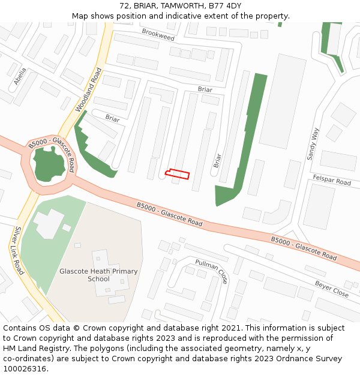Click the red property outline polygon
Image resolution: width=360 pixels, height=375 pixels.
178,174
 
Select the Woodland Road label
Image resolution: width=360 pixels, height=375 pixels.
89,90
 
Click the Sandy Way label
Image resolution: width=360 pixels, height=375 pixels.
313,143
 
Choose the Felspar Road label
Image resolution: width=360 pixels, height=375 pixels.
332,180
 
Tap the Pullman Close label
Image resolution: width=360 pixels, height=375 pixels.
212,272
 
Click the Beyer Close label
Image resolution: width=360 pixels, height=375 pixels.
332,289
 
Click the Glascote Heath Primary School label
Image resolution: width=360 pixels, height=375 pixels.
98,275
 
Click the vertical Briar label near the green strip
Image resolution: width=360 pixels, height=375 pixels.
217,160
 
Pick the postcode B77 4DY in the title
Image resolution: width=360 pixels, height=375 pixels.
225,5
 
